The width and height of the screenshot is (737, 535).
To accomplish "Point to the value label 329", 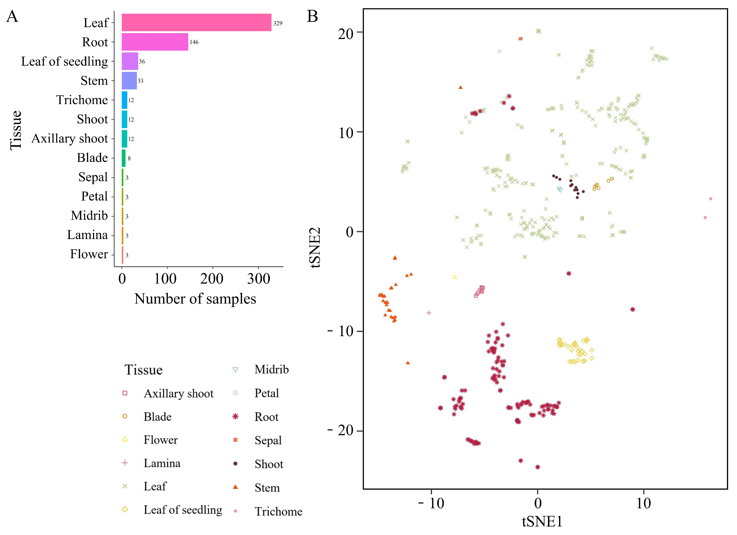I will point(278,23).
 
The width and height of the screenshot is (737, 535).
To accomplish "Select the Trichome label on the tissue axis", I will point(82,100).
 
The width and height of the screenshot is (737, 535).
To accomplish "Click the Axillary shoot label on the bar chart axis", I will point(70,138).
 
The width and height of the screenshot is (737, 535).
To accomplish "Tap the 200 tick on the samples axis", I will point(212,279).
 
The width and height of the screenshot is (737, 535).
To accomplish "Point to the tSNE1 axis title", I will point(542,522).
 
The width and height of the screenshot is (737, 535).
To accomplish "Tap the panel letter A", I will point(12,16).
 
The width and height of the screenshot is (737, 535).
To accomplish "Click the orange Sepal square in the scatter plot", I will point(521,39).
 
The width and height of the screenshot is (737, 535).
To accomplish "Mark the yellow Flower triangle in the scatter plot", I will point(455,277).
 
